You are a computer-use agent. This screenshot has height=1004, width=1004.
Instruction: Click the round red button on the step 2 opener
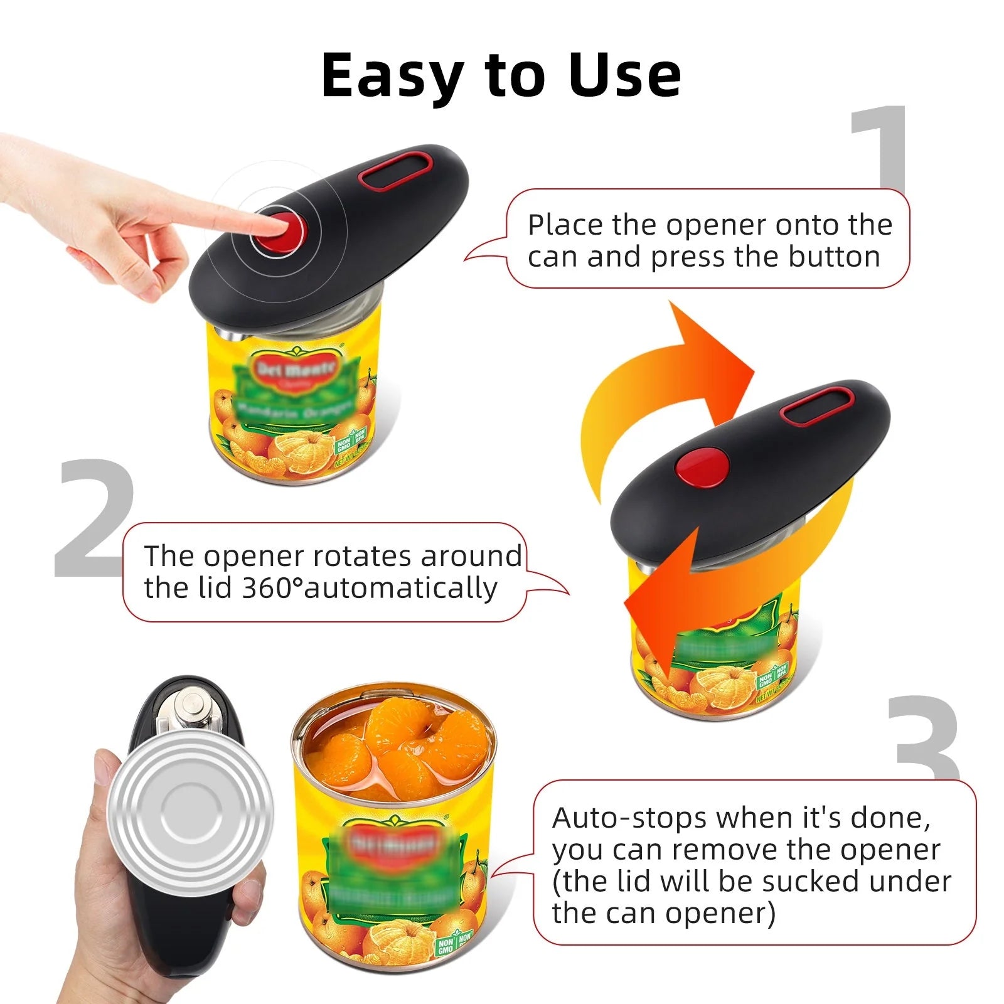tap(702, 468)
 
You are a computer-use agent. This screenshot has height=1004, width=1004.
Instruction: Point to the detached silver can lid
tap(192, 809)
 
